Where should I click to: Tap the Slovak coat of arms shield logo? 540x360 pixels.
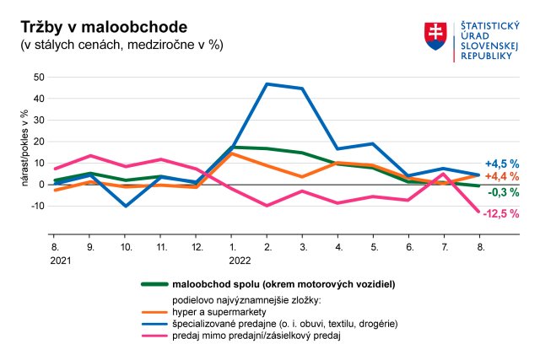tap(435, 35)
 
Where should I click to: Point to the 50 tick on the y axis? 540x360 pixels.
tap(38, 77)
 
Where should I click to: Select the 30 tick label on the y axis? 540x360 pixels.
tap(38, 120)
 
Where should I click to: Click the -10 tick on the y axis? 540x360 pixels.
tap(36, 206)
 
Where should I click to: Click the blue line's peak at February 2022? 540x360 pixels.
tap(267, 84)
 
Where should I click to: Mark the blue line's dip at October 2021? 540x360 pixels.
tap(126, 206)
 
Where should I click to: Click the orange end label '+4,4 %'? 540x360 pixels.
tap(501, 177)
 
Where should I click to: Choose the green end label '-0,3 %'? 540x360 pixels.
tap(503, 192)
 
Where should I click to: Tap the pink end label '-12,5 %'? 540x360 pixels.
tap(500, 214)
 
